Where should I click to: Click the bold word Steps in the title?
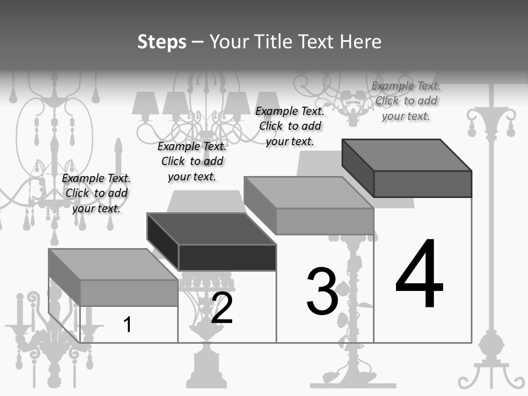click(162, 42)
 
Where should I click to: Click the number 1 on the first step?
click(127, 325)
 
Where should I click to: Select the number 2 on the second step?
click(222, 309)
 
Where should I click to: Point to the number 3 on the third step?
click(322, 292)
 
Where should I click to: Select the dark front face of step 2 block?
click(227, 257)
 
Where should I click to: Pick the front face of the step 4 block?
click(422, 184)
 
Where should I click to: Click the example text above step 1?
click(96, 193)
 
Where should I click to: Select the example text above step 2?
click(192, 161)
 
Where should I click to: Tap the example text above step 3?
click(290, 126)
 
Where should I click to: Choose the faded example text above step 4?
click(406, 101)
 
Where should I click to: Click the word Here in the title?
click(361, 42)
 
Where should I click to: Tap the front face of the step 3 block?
click(324, 221)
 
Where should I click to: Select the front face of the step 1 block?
click(129, 293)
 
